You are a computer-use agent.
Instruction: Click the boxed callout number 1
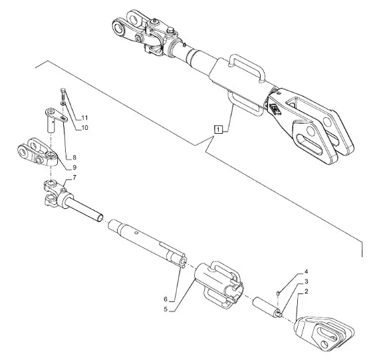(x=218, y=130)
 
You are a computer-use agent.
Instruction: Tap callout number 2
(x=306, y=291)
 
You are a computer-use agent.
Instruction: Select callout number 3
(x=307, y=281)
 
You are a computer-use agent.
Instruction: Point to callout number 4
(x=306, y=271)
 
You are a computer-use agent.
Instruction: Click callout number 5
(x=166, y=309)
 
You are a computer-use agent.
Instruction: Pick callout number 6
(x=166, y=299)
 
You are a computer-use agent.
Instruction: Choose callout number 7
(x=74, y=178)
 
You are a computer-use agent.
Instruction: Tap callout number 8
(x=74, y=157)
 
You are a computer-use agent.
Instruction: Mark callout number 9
(x=74, y=167)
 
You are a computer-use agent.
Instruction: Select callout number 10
(x=84, y=128)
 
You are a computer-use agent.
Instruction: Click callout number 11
(x=84, y=118)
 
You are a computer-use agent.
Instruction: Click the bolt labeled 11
(x=63, y=94)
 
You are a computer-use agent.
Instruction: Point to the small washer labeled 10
(x=63, y=103)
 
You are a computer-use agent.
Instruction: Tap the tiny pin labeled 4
(x=278, y=293)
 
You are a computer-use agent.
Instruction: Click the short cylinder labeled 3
(x=267, y=307)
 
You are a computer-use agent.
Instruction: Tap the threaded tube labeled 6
(x=147, y=244)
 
